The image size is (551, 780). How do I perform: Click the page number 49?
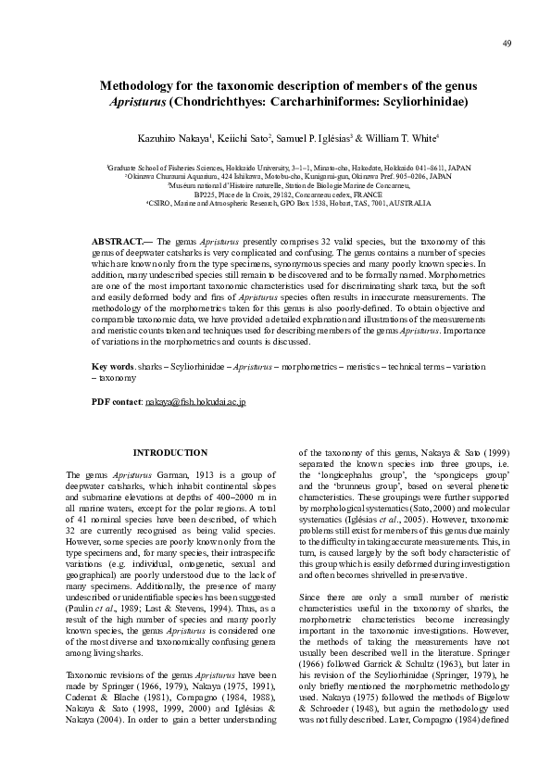[x=507, y=44]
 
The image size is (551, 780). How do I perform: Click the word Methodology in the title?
[x=141, y=85]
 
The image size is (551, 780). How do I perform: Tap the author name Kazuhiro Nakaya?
[x=177, y=137]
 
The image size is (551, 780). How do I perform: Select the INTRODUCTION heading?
[x=170, y=452]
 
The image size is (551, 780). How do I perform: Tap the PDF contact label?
[x=116, y=402]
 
